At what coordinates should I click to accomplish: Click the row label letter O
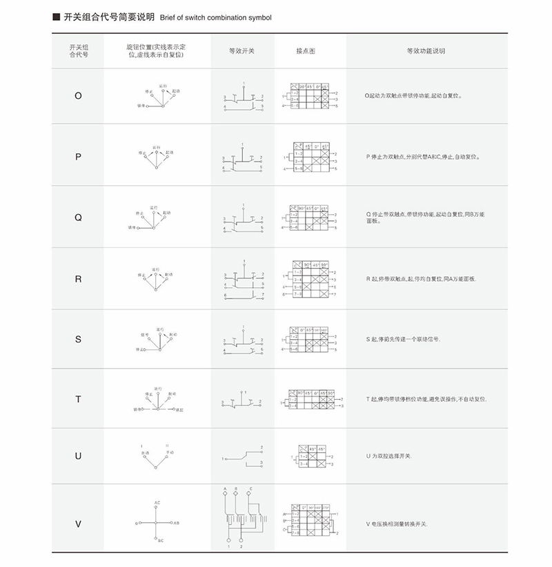tap(78, 96)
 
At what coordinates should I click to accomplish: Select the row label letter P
tap(78, 157)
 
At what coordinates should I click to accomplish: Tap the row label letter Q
tap(78, 217)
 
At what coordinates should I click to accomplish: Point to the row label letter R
tap(78, 278)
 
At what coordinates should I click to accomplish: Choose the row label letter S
tap(78, 339)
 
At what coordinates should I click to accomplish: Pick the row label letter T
tap(78, 400)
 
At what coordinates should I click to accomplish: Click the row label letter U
tap(78, 456)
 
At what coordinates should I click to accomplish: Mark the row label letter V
tap(78, 523)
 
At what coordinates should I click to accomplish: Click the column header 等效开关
tap(242, 51)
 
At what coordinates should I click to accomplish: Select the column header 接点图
tap(306, 51)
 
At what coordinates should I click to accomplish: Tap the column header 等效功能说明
tap(426, 51)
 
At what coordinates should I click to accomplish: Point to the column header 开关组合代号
tap(78, 50)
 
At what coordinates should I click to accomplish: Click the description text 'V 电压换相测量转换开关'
tap(397, 524)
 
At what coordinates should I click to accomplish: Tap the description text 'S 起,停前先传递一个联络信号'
tap(403, 340)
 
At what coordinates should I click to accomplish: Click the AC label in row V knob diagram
tap(157, 502)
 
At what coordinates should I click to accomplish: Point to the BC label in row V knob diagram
tap(160, 541)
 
